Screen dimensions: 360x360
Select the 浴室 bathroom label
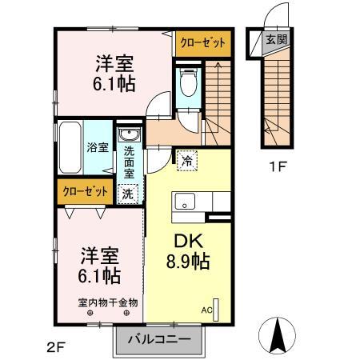[x=97, y=146]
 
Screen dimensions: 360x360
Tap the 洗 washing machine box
[x=128, y=192]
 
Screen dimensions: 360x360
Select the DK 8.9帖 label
[x=188, y=249]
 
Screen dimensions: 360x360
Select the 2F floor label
[x=55, y=346]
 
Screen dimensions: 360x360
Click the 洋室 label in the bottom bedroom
[x=99, y=257]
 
